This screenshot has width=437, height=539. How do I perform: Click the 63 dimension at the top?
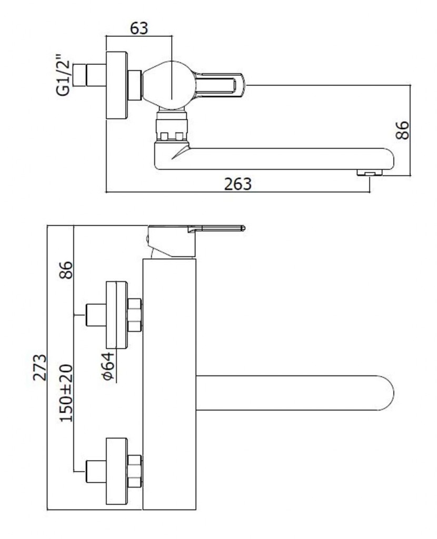139,28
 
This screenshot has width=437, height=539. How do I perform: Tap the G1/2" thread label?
63,74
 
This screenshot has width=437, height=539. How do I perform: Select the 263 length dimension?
237,184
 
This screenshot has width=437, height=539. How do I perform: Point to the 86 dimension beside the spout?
402,130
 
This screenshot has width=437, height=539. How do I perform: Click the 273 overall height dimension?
40,367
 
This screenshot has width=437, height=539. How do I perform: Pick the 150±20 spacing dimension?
66,393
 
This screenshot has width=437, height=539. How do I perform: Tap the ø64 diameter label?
107,366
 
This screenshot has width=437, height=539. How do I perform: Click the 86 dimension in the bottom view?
66,270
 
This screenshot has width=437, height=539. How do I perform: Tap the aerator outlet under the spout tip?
370,172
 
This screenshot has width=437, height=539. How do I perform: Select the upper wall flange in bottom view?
116,315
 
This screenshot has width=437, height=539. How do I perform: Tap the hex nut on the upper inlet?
134,315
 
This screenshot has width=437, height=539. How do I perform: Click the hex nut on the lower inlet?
134,471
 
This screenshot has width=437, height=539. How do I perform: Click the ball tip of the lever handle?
243,228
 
